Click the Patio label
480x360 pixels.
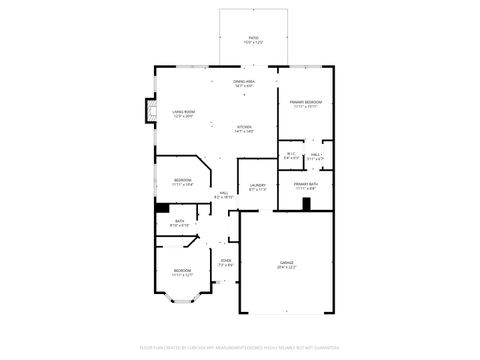253,40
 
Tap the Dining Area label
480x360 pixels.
244,83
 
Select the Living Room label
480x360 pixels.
183,114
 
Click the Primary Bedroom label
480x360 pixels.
305,104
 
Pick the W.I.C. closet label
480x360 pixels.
291,155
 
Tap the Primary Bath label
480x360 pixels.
305,186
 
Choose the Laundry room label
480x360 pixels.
257,186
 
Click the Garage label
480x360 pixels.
286,265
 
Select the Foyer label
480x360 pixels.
226,263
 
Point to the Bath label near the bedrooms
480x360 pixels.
180,223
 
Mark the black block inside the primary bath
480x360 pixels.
307,205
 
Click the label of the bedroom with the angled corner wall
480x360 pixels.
182,182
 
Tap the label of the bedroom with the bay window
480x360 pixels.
182,272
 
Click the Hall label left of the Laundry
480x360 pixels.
224,195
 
